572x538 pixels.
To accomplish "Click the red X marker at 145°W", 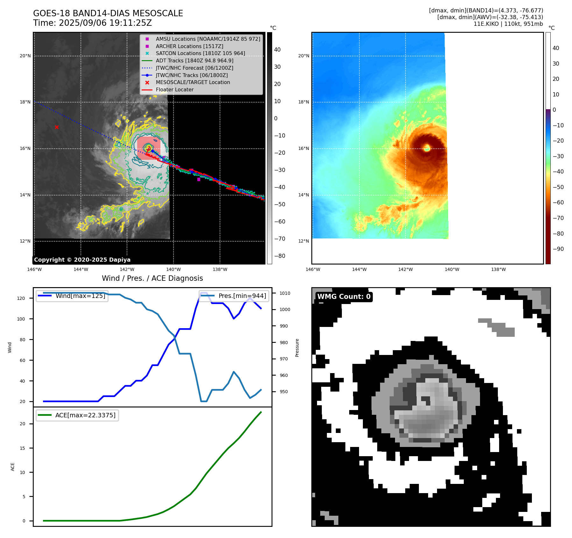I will point(57,127).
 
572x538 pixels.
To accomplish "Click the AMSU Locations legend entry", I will point(208,39).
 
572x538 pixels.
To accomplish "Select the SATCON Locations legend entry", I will point(200,53).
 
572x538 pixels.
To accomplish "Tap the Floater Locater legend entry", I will point(174,89).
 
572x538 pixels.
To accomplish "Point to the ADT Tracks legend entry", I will point(194,60).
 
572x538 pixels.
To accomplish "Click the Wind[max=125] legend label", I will point(80,296).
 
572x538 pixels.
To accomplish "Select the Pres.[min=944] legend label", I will point(242,296).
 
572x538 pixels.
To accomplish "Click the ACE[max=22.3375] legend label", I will point(85,415).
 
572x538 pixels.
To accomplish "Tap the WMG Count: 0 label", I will point(344,296).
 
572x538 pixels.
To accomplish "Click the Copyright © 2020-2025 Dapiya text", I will point(82,260).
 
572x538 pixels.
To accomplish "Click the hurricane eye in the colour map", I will point(427,148).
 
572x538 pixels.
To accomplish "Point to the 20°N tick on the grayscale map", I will point(25,56).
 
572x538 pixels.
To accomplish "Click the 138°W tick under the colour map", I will point(498,269).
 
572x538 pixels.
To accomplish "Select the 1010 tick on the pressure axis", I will point(285,293).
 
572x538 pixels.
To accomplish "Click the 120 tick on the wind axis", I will point(21,298).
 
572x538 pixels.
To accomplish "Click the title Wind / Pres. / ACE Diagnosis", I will point(152,278).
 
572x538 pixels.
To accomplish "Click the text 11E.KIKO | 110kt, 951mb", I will point(508,24).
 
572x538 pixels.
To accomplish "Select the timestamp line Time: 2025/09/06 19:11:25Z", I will point(92,23).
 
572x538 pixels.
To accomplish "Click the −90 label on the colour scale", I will point(558,249).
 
